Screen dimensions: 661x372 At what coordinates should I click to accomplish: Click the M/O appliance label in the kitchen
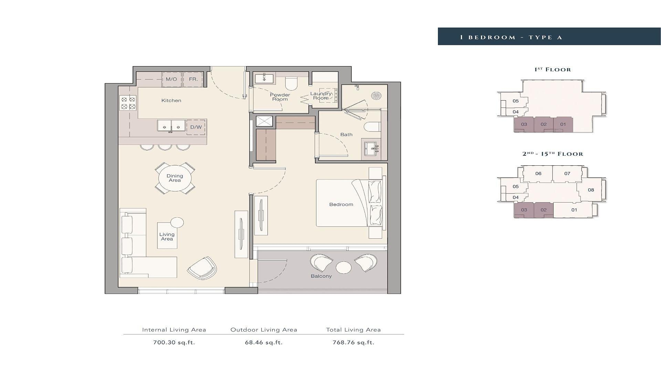(x=171, y=79)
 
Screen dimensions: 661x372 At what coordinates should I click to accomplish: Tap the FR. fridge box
(x=193, y=79)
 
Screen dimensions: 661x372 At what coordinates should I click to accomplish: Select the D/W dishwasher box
(x=196, y=127)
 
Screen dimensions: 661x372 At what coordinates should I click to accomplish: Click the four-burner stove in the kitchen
(x=128, y=103)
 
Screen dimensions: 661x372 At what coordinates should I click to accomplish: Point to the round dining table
(x=175, y=178)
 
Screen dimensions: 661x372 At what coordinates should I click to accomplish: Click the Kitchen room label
(x=171, y=101)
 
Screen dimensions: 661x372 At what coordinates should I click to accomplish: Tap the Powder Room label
(x=280, y=97)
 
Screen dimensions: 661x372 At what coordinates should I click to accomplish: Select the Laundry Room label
(x=321, y=96)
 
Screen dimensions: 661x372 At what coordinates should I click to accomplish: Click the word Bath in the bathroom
(x=346, y=135)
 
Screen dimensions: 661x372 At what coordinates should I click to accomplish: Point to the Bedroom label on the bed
(x=341, y=205)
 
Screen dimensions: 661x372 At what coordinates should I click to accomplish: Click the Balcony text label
(x=321, y=276)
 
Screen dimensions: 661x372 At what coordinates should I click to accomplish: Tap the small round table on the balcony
(x=344, y=267)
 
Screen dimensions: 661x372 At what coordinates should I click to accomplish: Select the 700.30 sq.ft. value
(x=174, y=342)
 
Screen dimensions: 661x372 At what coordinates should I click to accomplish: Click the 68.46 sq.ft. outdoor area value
(x=264, y=342)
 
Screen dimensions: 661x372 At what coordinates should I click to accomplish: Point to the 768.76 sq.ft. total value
(x=353, y=342)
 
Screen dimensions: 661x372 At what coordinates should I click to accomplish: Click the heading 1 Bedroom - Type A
(x=511, y=37)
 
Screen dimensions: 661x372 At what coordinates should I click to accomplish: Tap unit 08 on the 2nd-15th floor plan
(x=591, y=190)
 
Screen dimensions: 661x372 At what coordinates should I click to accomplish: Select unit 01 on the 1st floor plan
(x=563, y=124)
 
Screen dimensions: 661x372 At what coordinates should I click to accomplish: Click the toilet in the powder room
(x=291, y=83)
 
